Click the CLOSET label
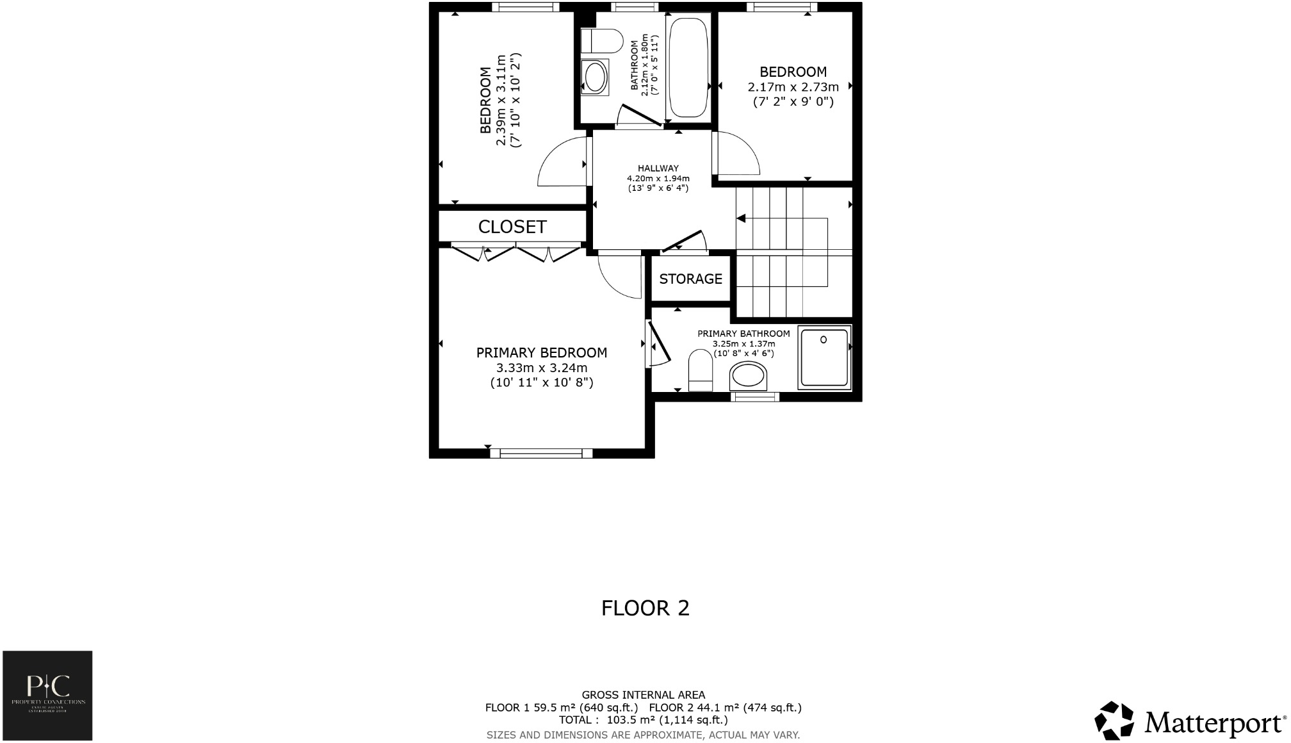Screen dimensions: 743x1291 (x=512, y=227)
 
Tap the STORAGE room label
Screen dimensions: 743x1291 (x=690, y=279)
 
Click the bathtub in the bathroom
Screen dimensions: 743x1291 (x=688, y=67)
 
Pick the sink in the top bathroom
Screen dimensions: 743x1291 (x=595, y=78)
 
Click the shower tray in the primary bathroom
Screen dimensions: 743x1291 (x=824, y=357)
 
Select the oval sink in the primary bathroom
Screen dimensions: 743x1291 (x=748, y=376)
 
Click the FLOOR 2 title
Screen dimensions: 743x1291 (x=645, y=608)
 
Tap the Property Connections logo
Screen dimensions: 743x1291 (x=47, y=695)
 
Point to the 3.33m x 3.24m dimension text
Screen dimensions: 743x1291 (x=542, y=368)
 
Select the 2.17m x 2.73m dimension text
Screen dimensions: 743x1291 (x=793, y=87)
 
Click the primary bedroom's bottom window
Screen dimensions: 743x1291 (x=541, y=453)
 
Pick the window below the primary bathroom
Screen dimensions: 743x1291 (x=755, y=397)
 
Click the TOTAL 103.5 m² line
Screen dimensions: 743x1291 (x=643, y=720)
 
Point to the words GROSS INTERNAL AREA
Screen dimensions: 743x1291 (x=643, y=695)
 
